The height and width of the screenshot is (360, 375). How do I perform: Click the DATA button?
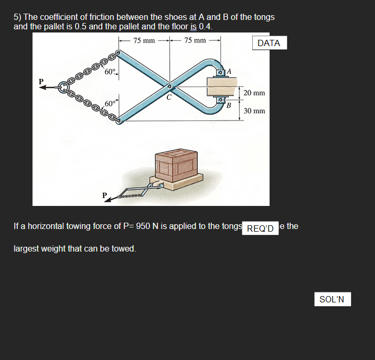pyautogui.click(x=269, y=43)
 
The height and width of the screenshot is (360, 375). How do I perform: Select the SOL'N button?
pyautogui.click(x=332, y=299)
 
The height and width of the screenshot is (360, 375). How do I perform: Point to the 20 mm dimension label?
pyautogui.click(x=254, y=93)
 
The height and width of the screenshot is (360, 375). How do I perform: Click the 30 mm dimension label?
pyautogui.click(x=254, y=111)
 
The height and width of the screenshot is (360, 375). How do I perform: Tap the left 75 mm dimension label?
pyautogui.click(x=144, y=40)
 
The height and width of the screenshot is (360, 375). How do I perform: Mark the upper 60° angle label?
pyautogui.click(x=110, y=71)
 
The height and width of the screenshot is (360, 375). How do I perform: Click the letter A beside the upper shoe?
pyautogui.click(x=229, y=71)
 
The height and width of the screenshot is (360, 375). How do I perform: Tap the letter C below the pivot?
pyautogui.click(x=169, y=96)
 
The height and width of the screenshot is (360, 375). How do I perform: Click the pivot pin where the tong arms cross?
pyautogui.click(x=169, y=87)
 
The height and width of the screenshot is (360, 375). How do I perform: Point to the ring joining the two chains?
pyautogui.click(x=63, y=87)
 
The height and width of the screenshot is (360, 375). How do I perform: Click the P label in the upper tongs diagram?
pyautogui.click(x=41, y=81)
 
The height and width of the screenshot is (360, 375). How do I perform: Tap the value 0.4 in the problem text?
pyautogui.click(x=206, y=26)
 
